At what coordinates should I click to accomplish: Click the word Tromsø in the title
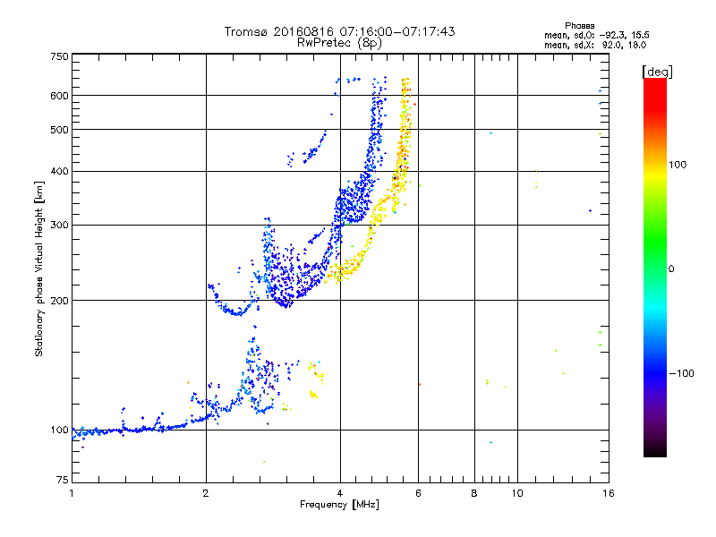tap(244, 31)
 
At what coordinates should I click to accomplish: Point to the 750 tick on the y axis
tap(59, 55)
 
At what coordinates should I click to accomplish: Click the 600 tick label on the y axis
tap(59, 95)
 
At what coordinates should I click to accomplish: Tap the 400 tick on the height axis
tap(59, 171)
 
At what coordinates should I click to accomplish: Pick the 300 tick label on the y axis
tap(59, 225)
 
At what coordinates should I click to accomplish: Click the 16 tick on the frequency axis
tap(607, 493)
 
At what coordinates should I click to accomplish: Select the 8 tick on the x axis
tap(474, 493)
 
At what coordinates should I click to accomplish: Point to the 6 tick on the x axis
tap(418, 493)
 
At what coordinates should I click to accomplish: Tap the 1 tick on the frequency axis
tap(72, 493)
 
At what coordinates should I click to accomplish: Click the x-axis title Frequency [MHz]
tap(339, 505)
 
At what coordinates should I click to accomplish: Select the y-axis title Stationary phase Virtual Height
tap(39, 268)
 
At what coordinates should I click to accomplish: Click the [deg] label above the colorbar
tap(657, 71)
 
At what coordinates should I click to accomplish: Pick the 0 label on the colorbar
tap(671, 268)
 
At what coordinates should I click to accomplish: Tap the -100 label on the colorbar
tap(682, 373)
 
